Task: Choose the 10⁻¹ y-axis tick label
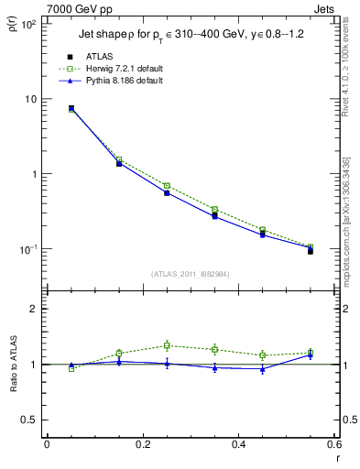click(26, 249)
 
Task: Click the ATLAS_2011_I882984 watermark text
click(190, 274)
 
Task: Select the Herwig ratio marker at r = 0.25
click(167, 345)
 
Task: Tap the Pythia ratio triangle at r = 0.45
click(262, 369)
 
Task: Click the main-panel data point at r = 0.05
click(71, 108)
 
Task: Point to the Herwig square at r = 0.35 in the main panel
click(214, 210)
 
